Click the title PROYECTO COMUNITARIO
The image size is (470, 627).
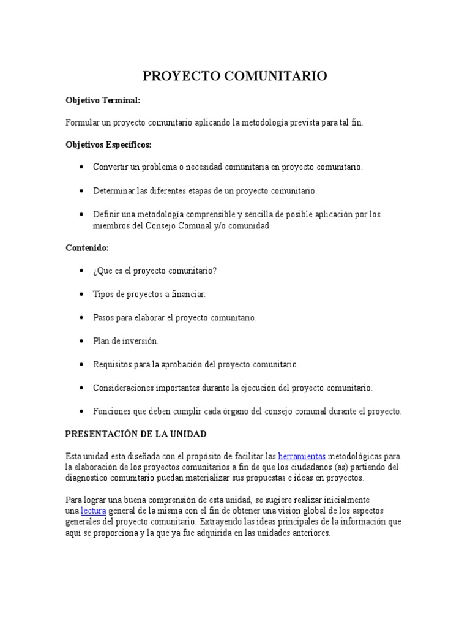[235, 76]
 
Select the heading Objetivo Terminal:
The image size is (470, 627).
[103, 100]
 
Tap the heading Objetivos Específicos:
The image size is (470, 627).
[108, 145]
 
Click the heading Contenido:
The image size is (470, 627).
[87, 248]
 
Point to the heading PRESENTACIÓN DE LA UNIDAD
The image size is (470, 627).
[136, 434]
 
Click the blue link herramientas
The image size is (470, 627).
[302, 456]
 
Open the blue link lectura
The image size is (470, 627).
[94, 511]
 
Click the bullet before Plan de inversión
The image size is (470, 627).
[82, 341]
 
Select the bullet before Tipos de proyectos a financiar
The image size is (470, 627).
[82, 295]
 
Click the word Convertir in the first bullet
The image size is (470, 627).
[111, 167]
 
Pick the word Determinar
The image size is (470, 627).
[114, 191]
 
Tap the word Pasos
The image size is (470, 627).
[103, 318]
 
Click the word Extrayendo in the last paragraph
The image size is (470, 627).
[222, 522]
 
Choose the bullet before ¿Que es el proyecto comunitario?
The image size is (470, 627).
[82, 271]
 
